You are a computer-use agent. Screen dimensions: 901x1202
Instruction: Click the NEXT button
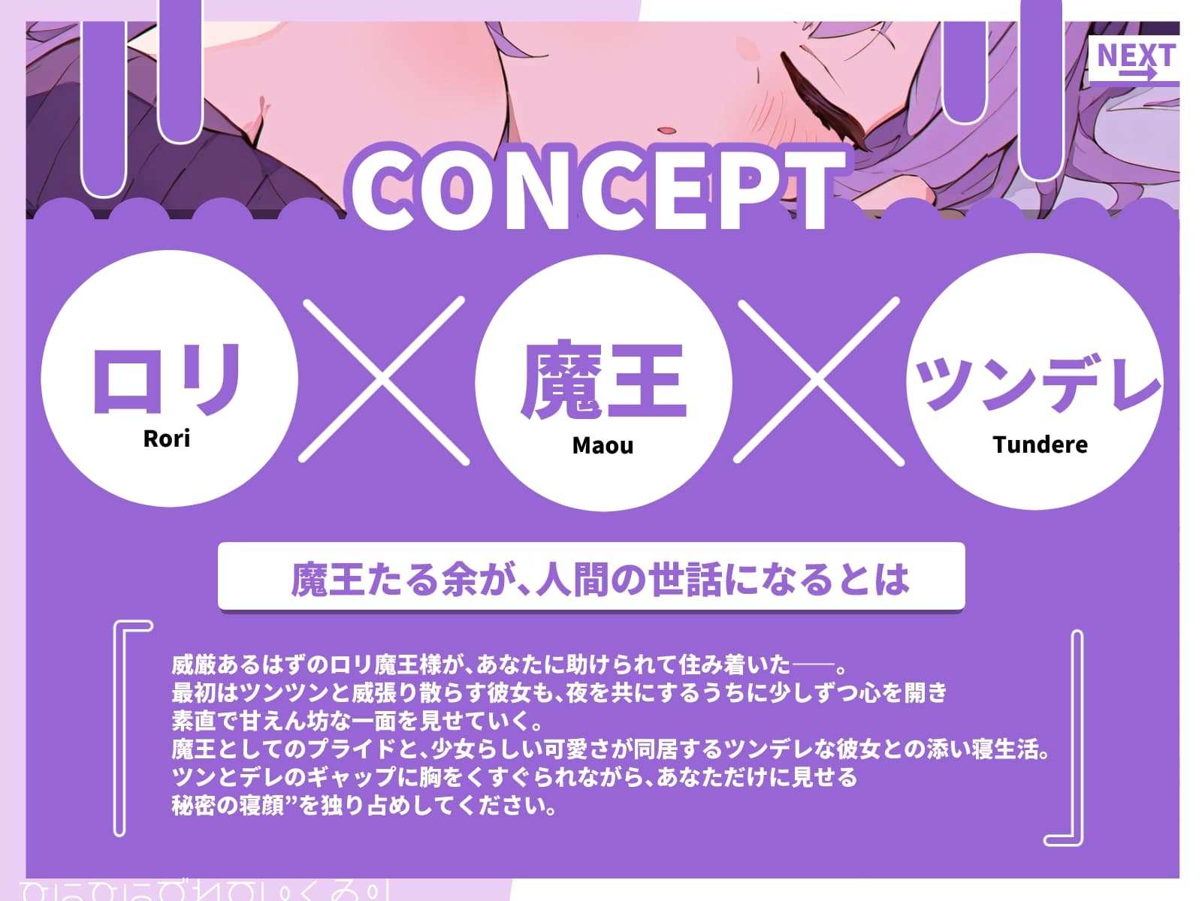(x=1134, y=60)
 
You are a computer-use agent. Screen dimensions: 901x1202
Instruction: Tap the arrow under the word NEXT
(x=1137, y=74)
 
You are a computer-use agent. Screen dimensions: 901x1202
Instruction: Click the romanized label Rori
(x=167, y=438)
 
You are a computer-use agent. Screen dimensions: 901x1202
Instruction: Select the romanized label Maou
(x=603, y=446)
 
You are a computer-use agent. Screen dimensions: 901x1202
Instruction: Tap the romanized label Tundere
(x=1040, y=444)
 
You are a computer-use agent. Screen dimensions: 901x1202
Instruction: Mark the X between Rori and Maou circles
(x=383, y=380)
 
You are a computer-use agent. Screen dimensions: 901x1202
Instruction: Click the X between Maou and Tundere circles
(x=819, y=380)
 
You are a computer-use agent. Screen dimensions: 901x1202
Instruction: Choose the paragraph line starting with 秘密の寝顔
(x=364, y=806)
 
